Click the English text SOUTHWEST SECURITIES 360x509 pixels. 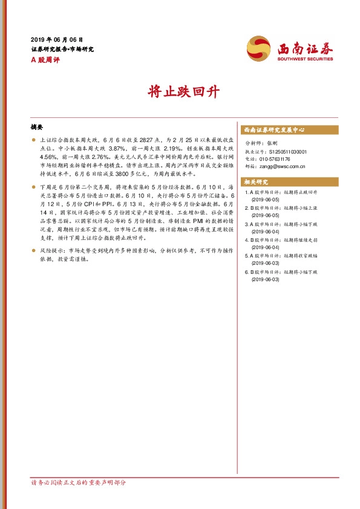(x=306, y=59)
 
